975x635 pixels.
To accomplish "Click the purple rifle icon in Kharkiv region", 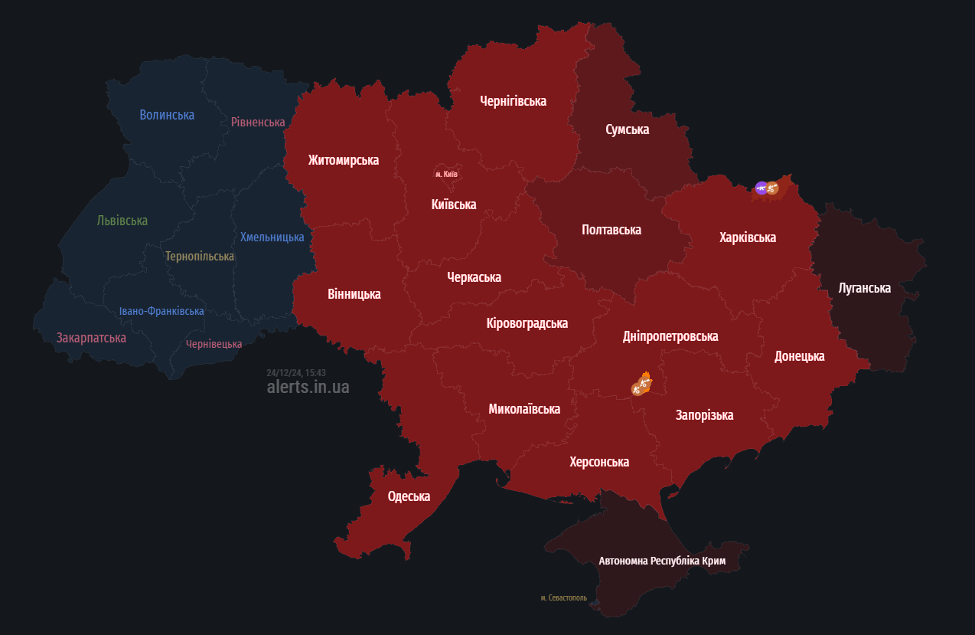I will pos(761,188).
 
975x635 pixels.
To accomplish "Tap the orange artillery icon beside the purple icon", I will pos(773,188).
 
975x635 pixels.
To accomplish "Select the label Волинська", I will pos(167,115).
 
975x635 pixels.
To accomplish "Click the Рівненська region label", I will pos(258,122).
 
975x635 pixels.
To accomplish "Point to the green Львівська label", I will pos(122,221).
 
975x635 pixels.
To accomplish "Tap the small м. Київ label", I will pos(446,175).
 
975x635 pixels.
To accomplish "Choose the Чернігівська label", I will pos(513,100).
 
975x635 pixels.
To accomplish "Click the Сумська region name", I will pos(627,129).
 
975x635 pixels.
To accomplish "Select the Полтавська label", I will pos(611,230).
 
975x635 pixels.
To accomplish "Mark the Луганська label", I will pos(864,288).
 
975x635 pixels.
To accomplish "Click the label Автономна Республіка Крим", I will pos(662,561).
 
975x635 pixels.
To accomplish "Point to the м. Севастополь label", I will pos(563,597).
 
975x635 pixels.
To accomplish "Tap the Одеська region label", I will pos(409,496).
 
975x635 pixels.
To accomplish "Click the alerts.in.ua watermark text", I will pos(308,388).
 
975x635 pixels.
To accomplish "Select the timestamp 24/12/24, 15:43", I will pos(296,372).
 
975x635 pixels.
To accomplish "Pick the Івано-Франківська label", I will pos(161,311).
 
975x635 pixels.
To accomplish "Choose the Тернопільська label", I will pos(200,256).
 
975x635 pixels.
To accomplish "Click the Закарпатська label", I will pos(91,338).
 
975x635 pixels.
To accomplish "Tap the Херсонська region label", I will pos(599,462).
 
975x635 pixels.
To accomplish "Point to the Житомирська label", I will pos(344,160).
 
